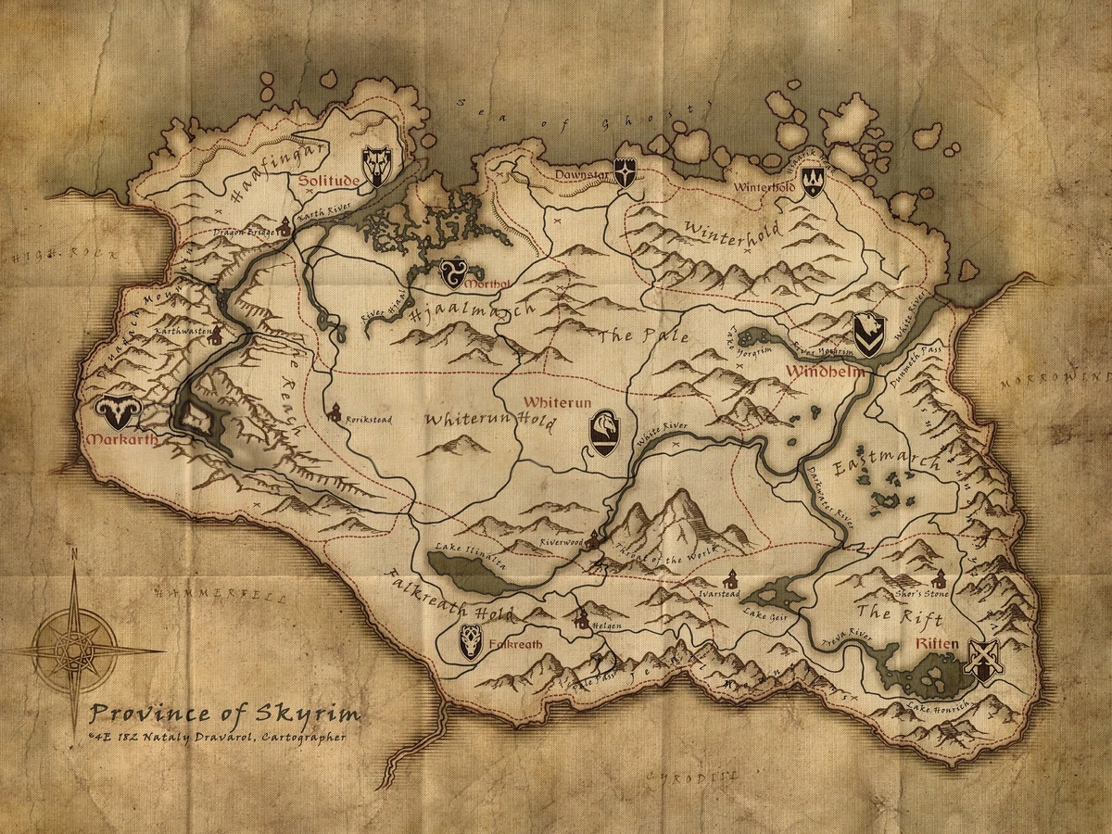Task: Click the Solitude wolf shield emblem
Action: [x=376, y=166]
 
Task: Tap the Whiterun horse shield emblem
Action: [x=604, y=433]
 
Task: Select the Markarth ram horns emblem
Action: [x=117, y=411]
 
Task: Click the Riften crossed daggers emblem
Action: [x=982, y=661]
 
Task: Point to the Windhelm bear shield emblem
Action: [x=868, y=335]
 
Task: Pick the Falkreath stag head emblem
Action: [x=471, y=641]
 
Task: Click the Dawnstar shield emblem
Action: [x=625, y=173]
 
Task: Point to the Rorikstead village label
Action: [x=368, y=420]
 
